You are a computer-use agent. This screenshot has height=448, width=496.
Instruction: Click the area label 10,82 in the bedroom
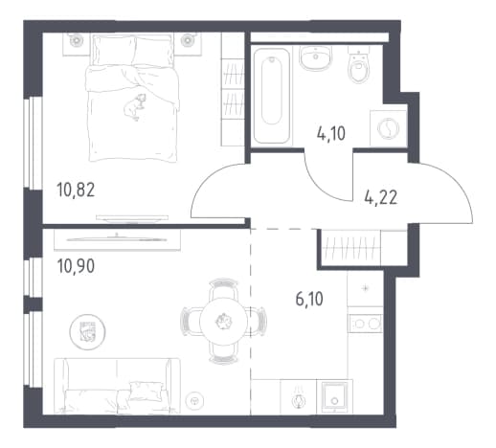76,190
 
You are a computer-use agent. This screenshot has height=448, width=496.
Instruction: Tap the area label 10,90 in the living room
76,266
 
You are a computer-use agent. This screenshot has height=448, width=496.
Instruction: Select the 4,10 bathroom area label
331,133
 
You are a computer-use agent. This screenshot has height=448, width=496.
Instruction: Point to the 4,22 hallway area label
381,197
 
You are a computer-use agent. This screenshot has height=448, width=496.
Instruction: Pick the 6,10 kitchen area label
309,299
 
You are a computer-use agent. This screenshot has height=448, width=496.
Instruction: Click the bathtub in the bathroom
272,96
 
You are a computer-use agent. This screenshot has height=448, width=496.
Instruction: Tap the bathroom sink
316,57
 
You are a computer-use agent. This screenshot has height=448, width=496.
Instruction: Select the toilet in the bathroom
359,65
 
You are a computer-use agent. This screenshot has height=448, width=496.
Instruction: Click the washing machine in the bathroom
388,128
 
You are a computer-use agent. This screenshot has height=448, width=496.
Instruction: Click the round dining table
223,322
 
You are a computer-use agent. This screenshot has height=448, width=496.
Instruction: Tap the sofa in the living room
117,386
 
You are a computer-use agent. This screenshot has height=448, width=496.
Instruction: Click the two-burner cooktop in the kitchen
365,324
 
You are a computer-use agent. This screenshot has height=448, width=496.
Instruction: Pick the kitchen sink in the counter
334,396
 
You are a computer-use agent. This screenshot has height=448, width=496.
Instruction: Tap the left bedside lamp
77,40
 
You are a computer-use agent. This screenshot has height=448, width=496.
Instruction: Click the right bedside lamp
187,40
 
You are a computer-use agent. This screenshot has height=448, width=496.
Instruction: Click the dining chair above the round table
223,288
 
